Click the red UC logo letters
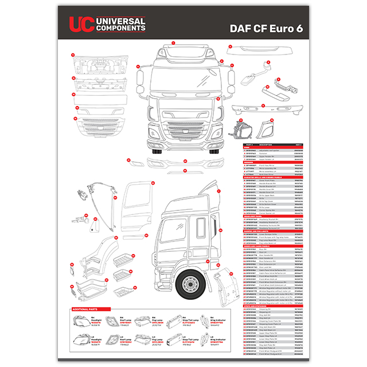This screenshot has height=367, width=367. click(80, 24)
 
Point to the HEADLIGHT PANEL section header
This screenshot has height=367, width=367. click(255, 216)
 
